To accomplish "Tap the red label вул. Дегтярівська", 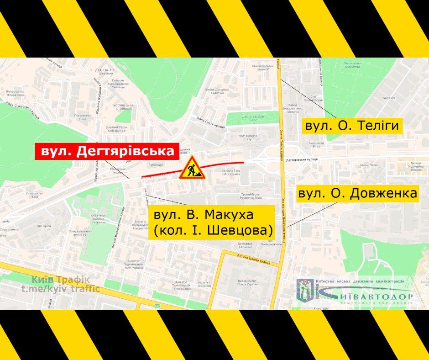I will tap(107, 152).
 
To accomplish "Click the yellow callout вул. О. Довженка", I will tap(357, 194).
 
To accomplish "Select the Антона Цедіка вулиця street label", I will tap(254, 258).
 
